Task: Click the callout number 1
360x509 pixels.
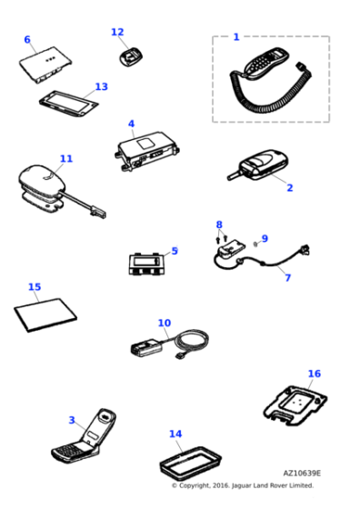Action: coord(236,37)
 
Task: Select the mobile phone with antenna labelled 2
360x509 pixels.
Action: coord(258,165)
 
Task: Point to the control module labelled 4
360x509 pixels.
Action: coord(147,151)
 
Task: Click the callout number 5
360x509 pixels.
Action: coord(175,251)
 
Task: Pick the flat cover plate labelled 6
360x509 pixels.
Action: coord(45,65)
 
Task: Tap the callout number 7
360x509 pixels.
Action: coord(287,277)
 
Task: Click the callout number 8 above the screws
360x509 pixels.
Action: coord(219,225)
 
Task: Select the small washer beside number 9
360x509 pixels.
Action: coord(255,244)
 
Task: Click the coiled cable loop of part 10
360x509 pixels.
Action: coord(192,340)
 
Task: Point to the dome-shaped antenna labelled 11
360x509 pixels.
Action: coord(42,181)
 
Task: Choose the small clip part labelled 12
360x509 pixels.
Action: coord(131,57)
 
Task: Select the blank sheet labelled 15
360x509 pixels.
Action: coord(45,314)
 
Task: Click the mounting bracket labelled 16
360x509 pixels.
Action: coord(295,405)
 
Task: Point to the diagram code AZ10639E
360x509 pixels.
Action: coord(302,474)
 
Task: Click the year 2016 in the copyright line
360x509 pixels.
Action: coord(221,485)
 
